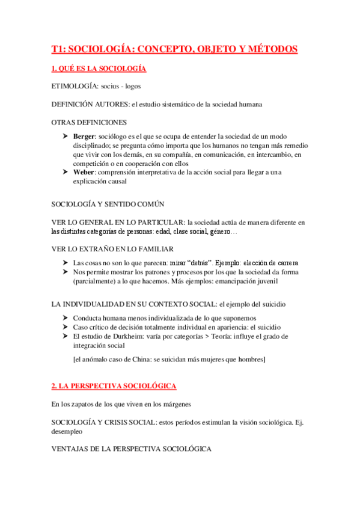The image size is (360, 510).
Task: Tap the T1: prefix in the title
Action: (60, 49)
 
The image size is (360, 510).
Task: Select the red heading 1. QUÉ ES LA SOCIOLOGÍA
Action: (99, 69)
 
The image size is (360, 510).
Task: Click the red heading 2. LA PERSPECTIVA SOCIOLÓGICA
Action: (114, 385)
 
